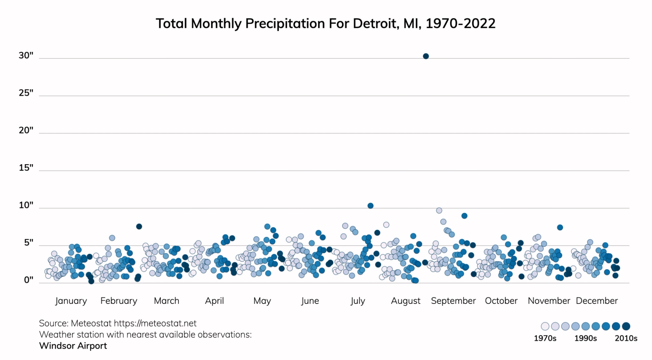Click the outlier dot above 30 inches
click(426, 56)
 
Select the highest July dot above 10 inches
click(370, 206)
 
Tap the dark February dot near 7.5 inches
click(139, 226)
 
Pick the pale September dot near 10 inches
click(439, 210)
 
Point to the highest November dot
click(560, 227)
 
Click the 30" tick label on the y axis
click(26, 55)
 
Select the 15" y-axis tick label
click(26, 168)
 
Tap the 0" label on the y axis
click(29, 280)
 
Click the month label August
click(405, 301)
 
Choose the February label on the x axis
click(119, 301)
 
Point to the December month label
click(597, 301)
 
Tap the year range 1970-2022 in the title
click(460, 23)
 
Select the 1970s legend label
click(545, 338)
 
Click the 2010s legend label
click(626, 338)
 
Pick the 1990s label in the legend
click(585, 338)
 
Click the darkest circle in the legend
click(626, 326)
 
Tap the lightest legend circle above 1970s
click(545, 326)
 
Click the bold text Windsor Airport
click(73, 346)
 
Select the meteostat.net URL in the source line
click(155, 323)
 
